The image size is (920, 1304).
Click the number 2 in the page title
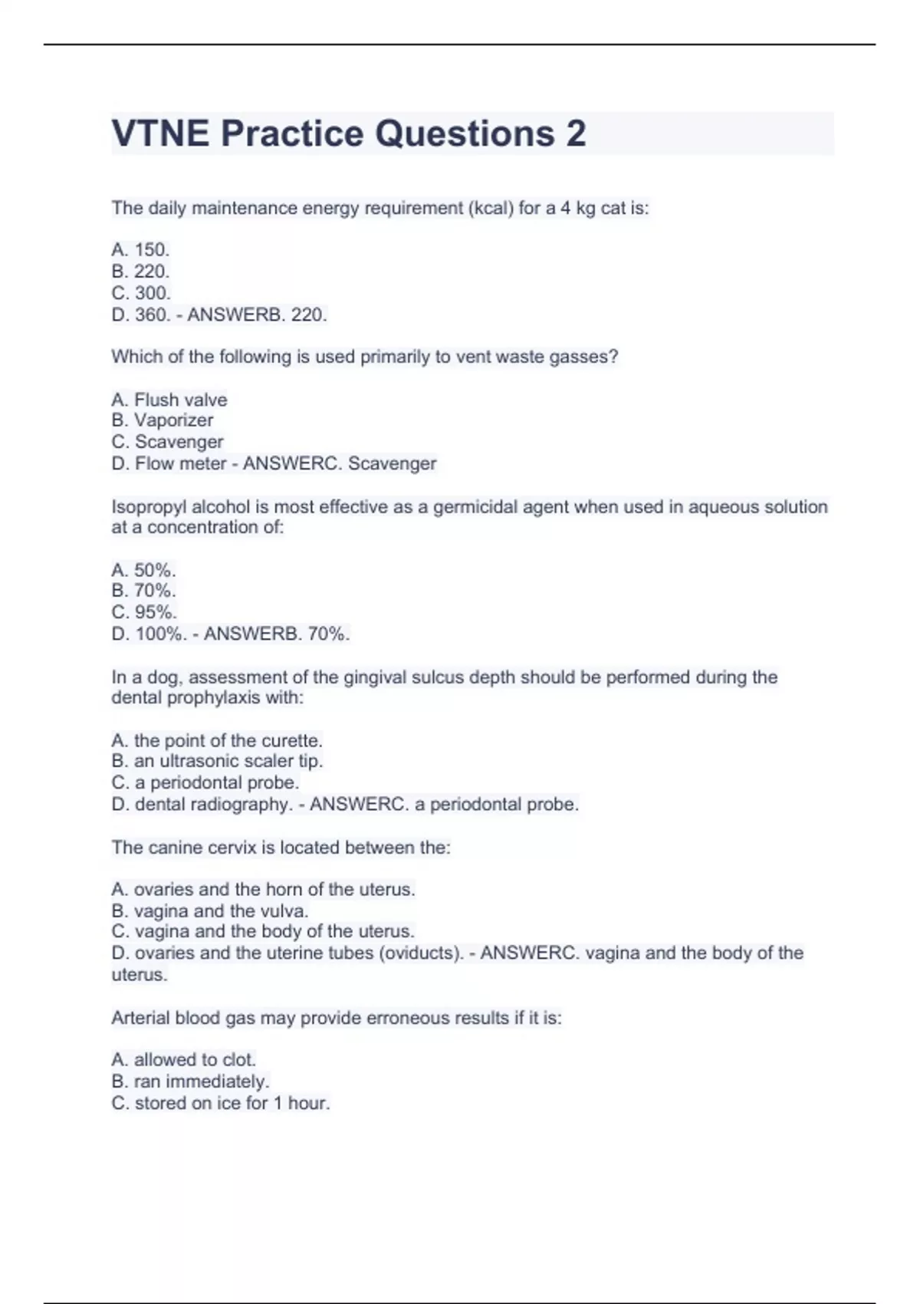coord(576,133)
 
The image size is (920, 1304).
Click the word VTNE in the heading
coord(160,133)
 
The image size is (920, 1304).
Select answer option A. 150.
coord(140,249)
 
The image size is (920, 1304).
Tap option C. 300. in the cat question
coord(141,293)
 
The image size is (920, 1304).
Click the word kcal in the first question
coord(490,208)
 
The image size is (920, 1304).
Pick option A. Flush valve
coord(169,400)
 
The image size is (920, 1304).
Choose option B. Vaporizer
coord(163,420)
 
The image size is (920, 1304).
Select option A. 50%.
coord(143,570)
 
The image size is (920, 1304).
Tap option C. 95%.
coord(144,612)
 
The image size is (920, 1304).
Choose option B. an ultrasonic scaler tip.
coord(217,761)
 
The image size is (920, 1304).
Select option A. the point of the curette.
coord(217,740)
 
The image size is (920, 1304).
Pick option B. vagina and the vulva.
coord(209,910)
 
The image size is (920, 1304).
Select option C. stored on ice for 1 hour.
coord(221,1103)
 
